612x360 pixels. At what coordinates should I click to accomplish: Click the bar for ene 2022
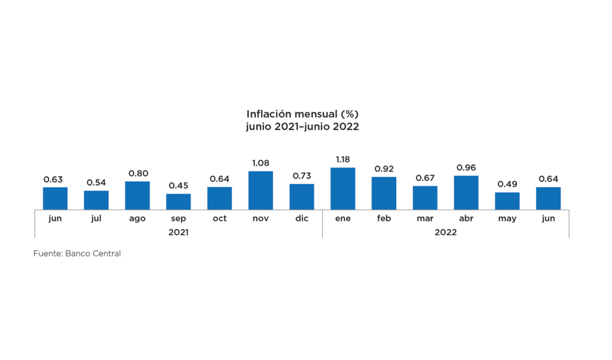point(342,188)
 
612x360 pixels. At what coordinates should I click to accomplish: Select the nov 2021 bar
point(261,190)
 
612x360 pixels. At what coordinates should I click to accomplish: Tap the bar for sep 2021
point(179,202)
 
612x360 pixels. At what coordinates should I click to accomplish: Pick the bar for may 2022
point(507,201)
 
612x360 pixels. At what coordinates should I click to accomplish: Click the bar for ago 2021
point(137,195)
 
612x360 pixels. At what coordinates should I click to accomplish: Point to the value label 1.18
point(342,160)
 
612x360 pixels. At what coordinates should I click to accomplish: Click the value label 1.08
point(261,163)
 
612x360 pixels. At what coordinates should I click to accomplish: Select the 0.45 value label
point(179,185)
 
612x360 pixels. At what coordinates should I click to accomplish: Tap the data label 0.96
point(466,167)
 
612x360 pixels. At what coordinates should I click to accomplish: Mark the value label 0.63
point(53,179)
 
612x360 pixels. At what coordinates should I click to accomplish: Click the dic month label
point(302,218)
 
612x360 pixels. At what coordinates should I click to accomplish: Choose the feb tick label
point(384,218)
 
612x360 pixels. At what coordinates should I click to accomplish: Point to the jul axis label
point(96,218)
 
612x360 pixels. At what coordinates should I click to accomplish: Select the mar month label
point(425,218)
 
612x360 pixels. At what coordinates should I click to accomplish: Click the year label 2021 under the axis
point(178,232)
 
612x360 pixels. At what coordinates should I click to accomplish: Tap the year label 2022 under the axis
point(445,232)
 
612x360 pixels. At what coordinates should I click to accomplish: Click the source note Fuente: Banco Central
point(77,254)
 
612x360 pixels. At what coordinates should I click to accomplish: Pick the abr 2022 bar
point(466,192)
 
